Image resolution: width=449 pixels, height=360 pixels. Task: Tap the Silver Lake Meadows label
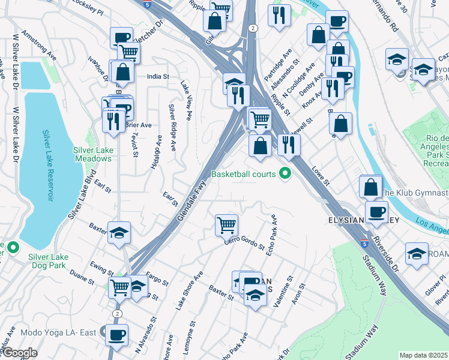tap(93, 154)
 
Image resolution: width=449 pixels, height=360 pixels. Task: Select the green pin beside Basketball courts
tap(286, 174)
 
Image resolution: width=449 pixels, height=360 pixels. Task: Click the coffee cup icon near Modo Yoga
tap(116, 334)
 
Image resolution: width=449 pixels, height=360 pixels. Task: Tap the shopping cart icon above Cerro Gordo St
tap(226, 225)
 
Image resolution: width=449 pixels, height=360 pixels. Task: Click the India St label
tap(158, 77)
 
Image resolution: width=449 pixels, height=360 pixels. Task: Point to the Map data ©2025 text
tap(424, 355)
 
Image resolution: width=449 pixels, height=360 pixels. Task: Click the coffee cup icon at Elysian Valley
tap(376, 212)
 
